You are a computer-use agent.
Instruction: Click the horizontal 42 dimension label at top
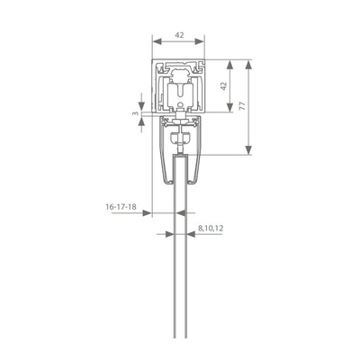tap(179, 35)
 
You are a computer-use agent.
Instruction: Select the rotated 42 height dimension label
tap(223, 85)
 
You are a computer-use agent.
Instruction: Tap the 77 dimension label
tap(242, 105)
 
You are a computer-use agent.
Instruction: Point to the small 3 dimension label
tap(136, 113)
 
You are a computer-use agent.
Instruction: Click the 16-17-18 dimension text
tap(121, 207)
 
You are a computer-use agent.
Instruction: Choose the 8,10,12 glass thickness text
tap(211, 229)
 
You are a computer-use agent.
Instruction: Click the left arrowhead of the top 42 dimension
tap(157, 41)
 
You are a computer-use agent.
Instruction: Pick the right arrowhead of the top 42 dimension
tap(200, 41)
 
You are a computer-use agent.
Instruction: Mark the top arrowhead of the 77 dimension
tap(248, 65)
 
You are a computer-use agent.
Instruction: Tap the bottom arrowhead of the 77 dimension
tap(248, 150)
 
